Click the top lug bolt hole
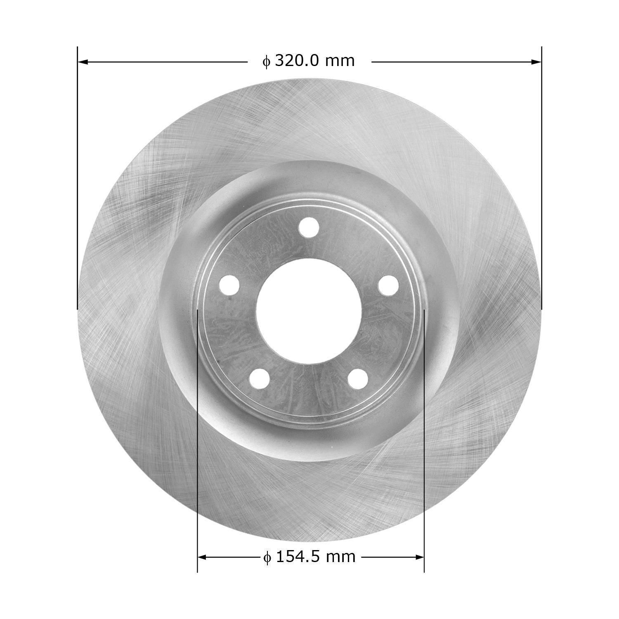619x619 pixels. [309, 227]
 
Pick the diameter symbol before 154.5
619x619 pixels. [267, 558]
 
